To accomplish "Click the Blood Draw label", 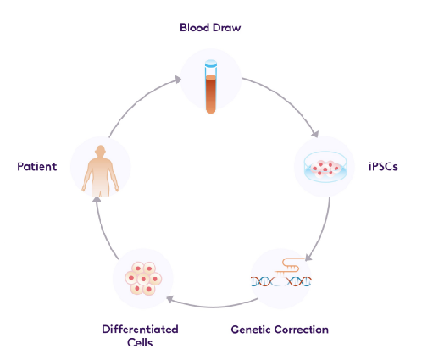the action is coord(210,28).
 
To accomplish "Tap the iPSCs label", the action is coord(383,167).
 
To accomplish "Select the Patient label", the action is coord(37,167).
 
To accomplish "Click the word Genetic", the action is coord(251,330).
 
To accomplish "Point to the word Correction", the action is coord(302,330).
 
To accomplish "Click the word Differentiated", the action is coord(140,330).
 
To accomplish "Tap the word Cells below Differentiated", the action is coord(140,342).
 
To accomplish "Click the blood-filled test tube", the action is coord(211,86).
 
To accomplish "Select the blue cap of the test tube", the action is coord(211,64).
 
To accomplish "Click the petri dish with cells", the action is coord(325,167).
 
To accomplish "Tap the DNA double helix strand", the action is coord(281,281).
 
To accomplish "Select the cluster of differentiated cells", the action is coord(143,279).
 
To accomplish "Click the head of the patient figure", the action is coord(100,151).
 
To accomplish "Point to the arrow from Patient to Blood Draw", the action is coord(137,101).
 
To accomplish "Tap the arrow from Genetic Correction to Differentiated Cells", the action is coord(212,306).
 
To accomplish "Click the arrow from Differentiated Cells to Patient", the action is coord(103,230).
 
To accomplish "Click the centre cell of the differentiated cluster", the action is coord(143,279).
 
